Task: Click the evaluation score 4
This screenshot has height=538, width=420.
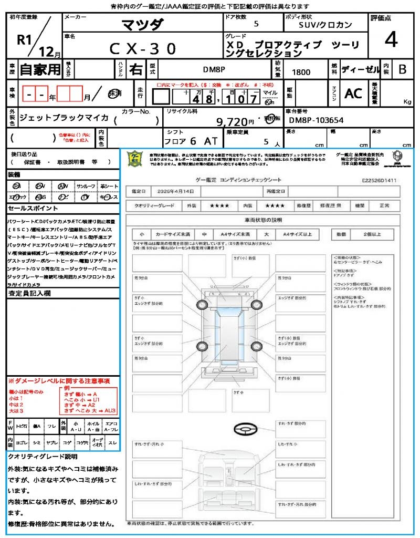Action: coord(390,39)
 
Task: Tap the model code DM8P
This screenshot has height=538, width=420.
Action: coord(215,69)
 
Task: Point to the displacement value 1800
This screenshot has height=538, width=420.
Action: coord(301,72)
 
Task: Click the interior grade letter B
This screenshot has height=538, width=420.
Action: coord(402,69)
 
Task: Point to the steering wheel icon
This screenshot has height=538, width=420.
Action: coord(246,429)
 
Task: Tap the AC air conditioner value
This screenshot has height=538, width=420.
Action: coord(353,93)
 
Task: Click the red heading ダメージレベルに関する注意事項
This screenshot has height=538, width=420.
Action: coord(59,380)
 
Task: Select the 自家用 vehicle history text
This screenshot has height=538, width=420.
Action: coord(40,69)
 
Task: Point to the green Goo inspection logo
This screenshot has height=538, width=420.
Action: coord(135,158)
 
